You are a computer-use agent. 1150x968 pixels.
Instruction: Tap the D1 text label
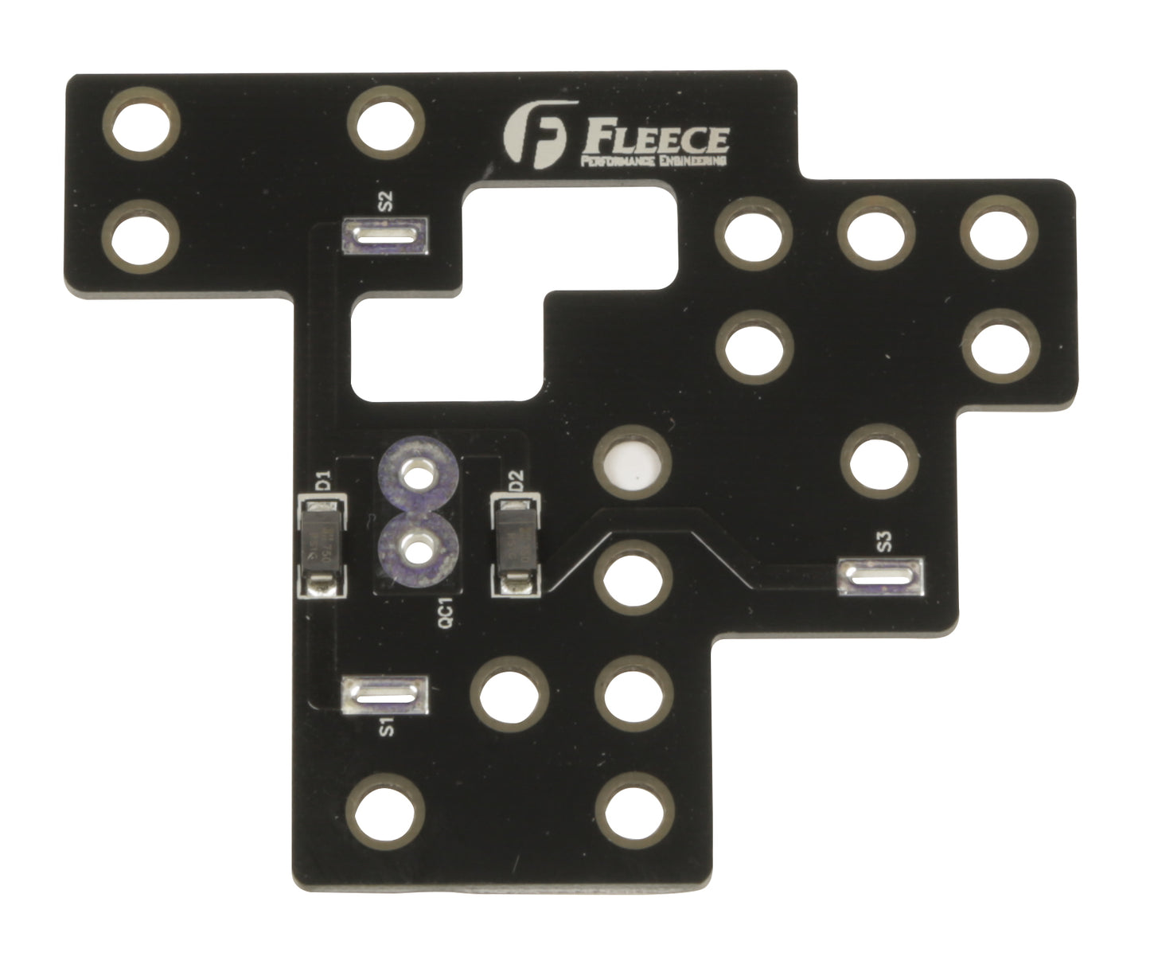(323, 482)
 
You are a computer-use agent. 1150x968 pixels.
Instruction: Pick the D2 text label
(516, 482)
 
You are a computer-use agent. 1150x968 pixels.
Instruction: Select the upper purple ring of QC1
(415, 477)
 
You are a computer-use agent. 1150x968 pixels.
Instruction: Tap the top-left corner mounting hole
(142, 124)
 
